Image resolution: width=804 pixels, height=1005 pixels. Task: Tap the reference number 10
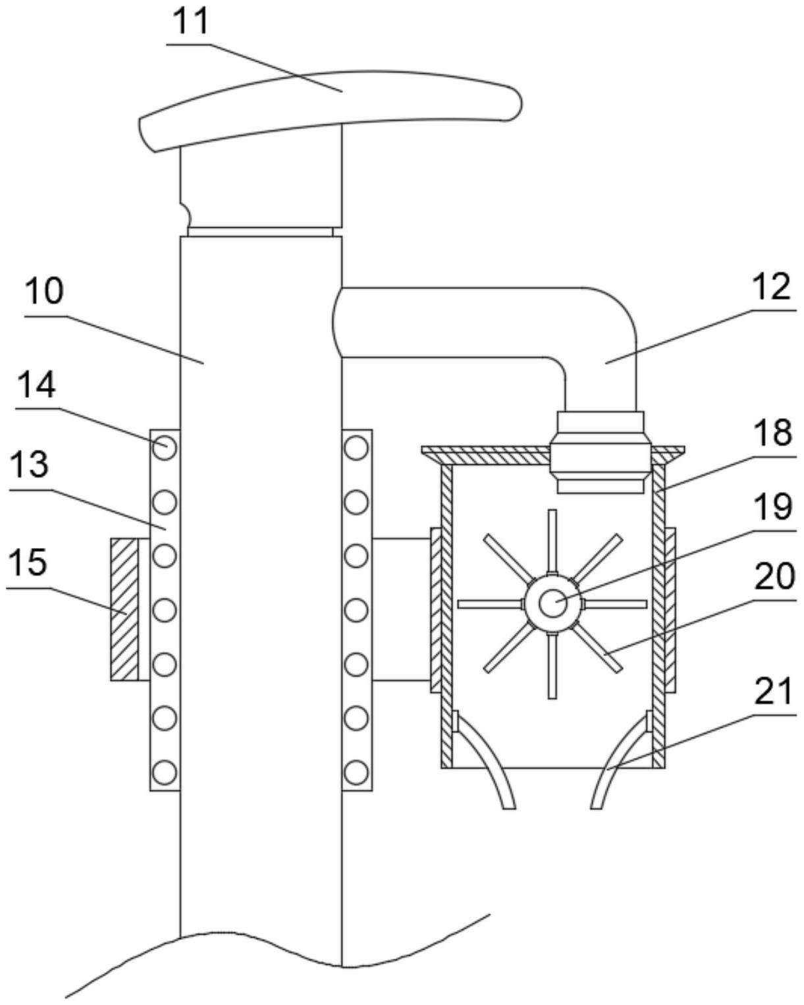pos(43,291)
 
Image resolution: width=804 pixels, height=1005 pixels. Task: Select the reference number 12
pos(771,286)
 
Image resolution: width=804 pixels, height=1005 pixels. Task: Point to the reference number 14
pos(36,385)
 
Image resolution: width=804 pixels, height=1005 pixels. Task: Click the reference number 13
pos(29,465)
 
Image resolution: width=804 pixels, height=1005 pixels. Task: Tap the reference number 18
pos(773,433)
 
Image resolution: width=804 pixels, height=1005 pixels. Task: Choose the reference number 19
pos(773,506)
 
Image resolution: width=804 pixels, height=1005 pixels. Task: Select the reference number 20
pos(774,576)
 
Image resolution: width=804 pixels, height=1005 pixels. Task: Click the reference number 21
pos(773,691)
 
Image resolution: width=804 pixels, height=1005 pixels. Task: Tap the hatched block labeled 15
pos(124,609)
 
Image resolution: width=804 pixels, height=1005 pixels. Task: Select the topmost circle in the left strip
pos(165,448)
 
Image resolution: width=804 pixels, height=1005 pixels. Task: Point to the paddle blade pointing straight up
pos(552,542)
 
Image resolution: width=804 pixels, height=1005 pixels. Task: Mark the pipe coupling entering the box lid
pos(601,452)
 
